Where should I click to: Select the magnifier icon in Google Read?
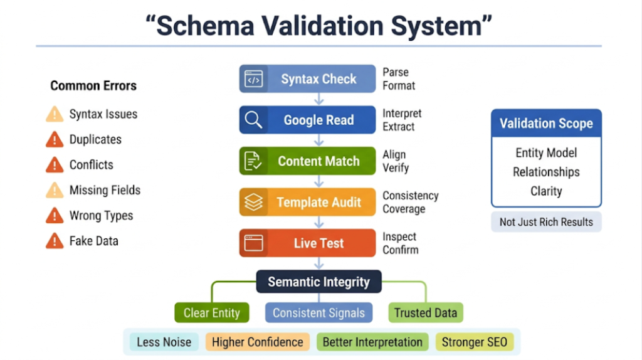254,120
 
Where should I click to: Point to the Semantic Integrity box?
318,282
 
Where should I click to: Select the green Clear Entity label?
211,312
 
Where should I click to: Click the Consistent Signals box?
318,312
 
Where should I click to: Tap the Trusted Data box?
426,312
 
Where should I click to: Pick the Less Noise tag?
164,342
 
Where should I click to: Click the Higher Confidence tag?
257,342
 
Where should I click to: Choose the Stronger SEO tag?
474,342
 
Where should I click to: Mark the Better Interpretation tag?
372,342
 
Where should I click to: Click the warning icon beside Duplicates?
55,140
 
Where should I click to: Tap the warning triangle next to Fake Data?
55,241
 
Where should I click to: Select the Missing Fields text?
105,190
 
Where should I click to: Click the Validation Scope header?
546,124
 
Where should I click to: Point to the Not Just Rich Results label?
546,222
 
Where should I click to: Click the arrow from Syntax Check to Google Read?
318,98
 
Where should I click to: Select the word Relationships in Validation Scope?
546,172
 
